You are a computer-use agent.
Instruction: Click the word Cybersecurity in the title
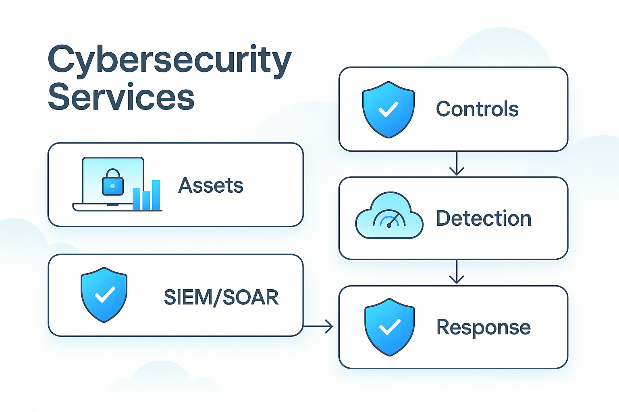(x=169, y=60)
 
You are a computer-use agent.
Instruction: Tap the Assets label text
(x=211, y=185)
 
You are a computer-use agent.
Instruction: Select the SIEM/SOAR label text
(x=221, y=297)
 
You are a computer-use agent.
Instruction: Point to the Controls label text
(x=477, y=109)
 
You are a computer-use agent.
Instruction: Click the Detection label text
(x=484, y=218)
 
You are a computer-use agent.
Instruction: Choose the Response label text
(x=484, y=327)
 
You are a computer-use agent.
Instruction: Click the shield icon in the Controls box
(x=388, y=109)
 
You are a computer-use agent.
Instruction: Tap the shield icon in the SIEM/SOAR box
(x=104, y=295)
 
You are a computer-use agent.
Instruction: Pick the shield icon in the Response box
(x=390, y=327)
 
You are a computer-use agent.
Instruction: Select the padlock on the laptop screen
(x=113, y=183)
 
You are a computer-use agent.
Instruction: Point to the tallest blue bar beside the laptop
(x=156, y=195)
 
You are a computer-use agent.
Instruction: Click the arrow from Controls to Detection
(x=457, y=164)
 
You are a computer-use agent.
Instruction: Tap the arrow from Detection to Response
(x=457, y=273)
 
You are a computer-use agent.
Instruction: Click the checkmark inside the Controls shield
(x=388, y=109)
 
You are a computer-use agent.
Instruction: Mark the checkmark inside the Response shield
(x=390, y=327)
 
